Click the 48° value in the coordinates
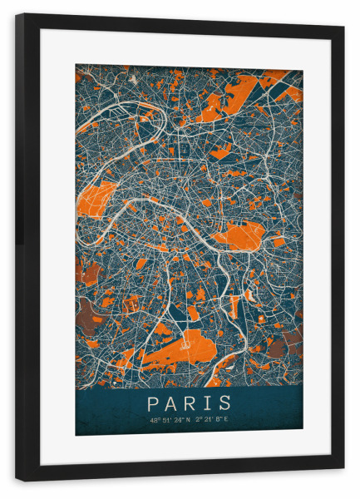tap(155, 419)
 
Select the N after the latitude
tap(190, 419)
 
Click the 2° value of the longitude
tap(200, 419)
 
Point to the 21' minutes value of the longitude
tap(210, 419)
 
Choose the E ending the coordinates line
tap(227, 419)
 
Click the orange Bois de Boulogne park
tap(97, 199)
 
